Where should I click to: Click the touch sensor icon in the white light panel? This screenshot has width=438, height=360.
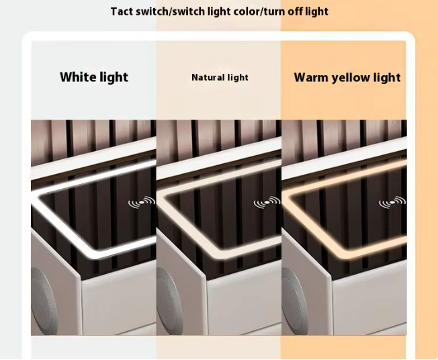142,202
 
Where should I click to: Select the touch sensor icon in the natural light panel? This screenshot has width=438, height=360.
267,202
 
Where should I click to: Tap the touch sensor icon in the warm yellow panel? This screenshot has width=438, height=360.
392,202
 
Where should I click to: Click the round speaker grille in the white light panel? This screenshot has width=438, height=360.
44,301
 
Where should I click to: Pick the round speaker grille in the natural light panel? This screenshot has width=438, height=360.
169,301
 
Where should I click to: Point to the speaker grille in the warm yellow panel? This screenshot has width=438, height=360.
294,301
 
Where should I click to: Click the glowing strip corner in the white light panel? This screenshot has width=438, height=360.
40,195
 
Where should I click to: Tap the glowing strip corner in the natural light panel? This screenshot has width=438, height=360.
165,195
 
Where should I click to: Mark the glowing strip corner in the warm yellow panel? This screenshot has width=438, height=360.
290,195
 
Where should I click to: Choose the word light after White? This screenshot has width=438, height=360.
112,77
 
